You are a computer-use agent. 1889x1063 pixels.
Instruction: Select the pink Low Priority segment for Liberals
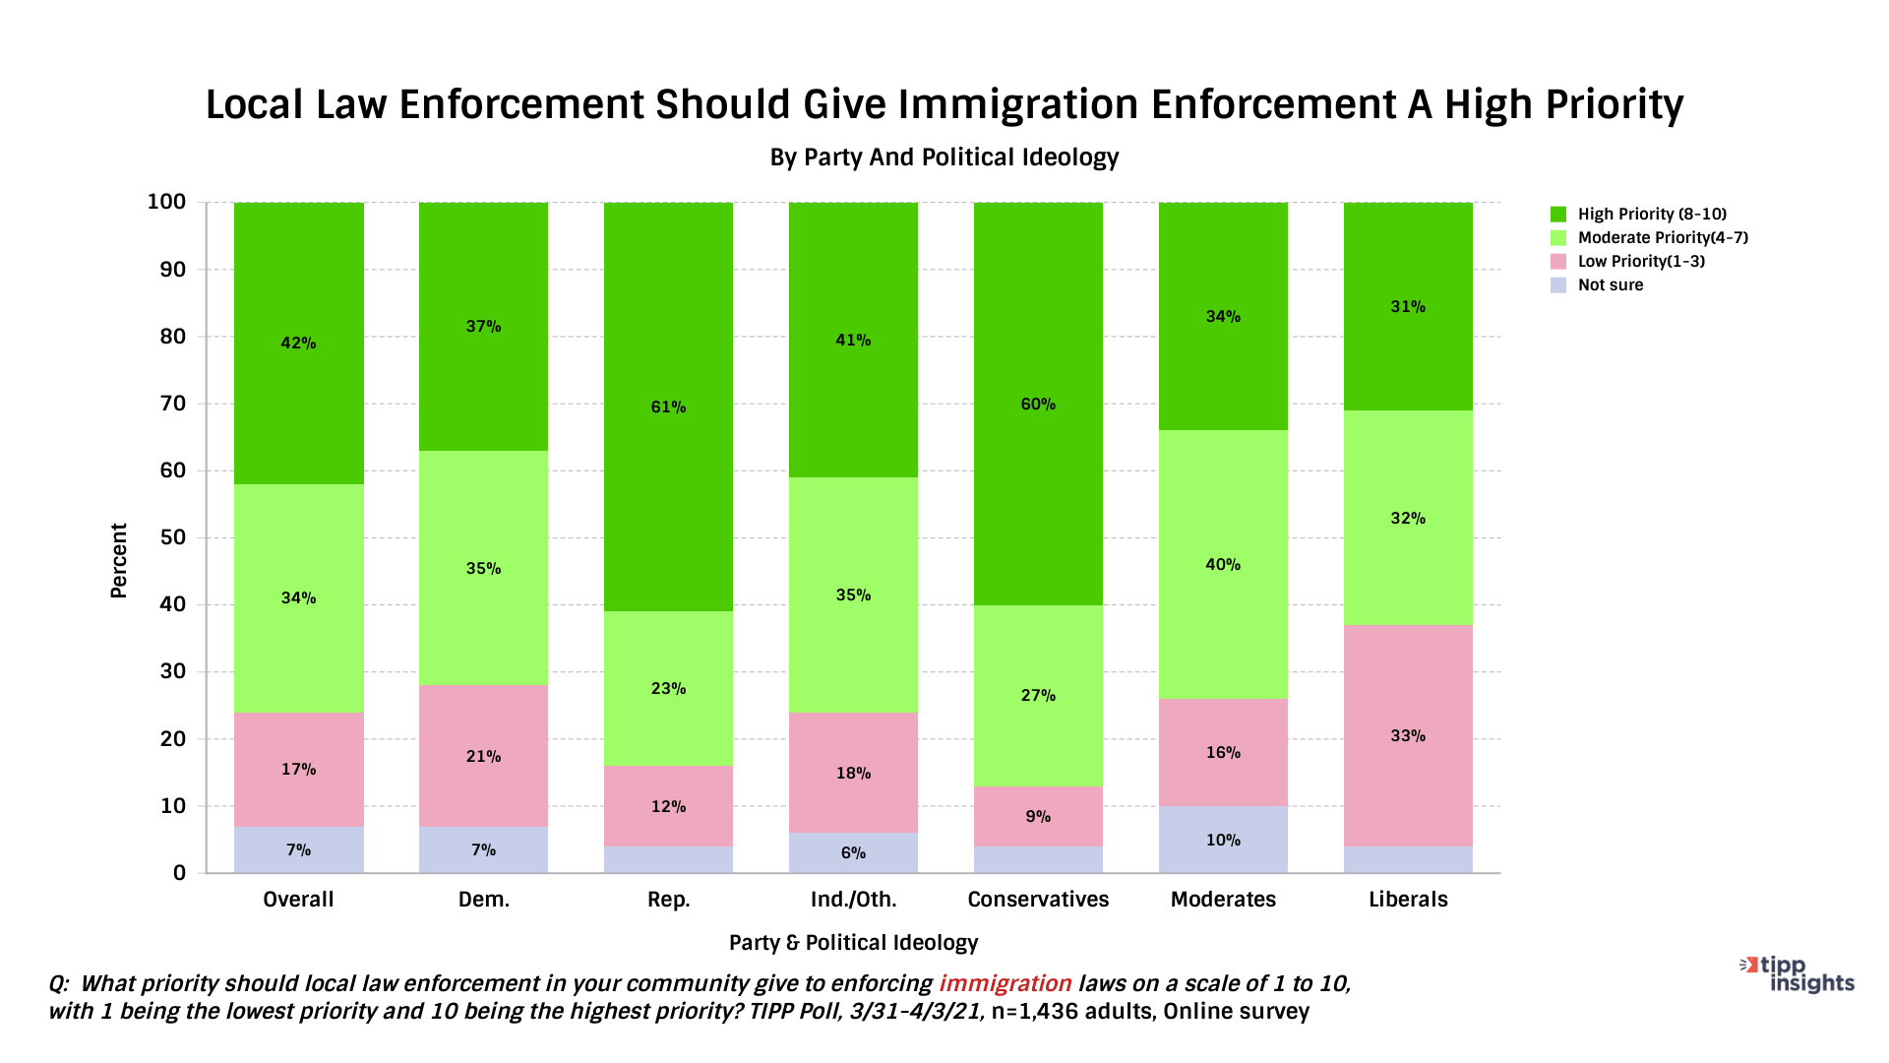tap(1408, 778)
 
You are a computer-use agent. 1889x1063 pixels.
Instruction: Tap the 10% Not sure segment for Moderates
tap(1223, 840)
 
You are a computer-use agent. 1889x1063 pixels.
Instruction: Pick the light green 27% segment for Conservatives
tap(1038, 728)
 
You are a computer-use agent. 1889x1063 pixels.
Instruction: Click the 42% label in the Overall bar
tap(298, 344)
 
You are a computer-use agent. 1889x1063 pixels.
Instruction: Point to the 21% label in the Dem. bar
tap(483, 757)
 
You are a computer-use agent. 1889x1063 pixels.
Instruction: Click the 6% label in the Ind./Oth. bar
tap(853, 853)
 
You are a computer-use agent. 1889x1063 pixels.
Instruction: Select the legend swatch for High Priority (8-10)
tap(1558, 215)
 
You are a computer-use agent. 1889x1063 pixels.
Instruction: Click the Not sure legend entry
tap(1610, 285)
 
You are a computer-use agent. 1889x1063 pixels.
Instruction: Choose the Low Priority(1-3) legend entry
tap(1640, 262)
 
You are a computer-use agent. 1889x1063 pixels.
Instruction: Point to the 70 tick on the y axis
tap(172, 404)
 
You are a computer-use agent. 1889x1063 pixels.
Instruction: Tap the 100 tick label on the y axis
tap(166, 202)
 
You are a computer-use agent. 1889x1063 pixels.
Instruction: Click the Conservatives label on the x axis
tap(1038, 900)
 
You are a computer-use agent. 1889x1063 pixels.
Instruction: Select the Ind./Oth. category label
tap(853, 900)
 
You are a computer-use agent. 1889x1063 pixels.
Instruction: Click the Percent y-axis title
tap(119, 560)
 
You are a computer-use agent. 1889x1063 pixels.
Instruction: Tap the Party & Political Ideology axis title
tap(853, 943)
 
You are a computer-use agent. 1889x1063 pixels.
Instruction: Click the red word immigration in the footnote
tap(1005, 984)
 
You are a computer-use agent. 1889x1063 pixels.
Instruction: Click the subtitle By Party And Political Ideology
tap(944, 157)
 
